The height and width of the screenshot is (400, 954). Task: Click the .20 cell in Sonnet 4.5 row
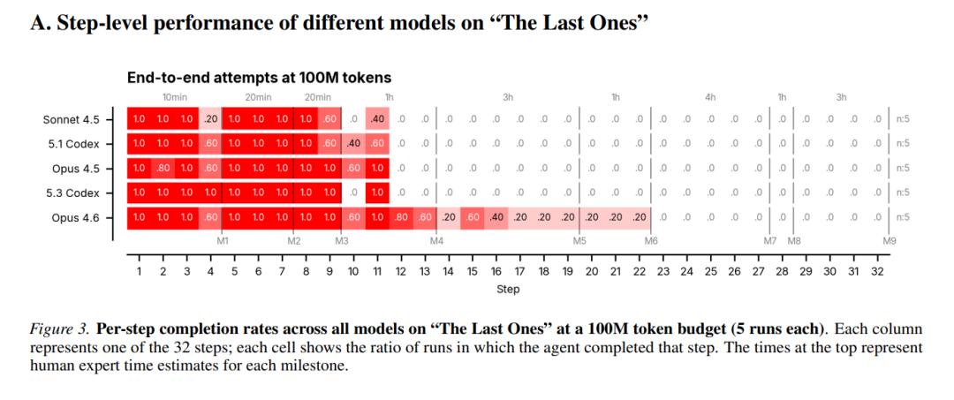point(210,119)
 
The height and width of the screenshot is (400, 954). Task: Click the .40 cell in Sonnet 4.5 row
point(377,119)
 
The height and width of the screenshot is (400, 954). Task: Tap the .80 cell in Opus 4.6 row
point(401,217)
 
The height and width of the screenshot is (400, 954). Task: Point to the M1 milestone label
point(223,240)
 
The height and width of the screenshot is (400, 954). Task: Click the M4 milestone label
point(436,240)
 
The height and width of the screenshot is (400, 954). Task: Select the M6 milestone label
point(651,240)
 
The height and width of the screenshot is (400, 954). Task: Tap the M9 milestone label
point(890,240)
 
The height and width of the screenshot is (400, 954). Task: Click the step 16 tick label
point(496,272)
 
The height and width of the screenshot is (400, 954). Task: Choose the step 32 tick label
point(877,272)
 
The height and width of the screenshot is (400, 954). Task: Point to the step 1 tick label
point(139,272)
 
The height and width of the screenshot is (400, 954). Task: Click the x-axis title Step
point(508,289)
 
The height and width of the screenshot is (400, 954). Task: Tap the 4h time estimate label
point(710,97)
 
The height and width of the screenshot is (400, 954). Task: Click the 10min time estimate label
point(174,97)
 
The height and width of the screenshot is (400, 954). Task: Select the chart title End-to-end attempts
point(259,79)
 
